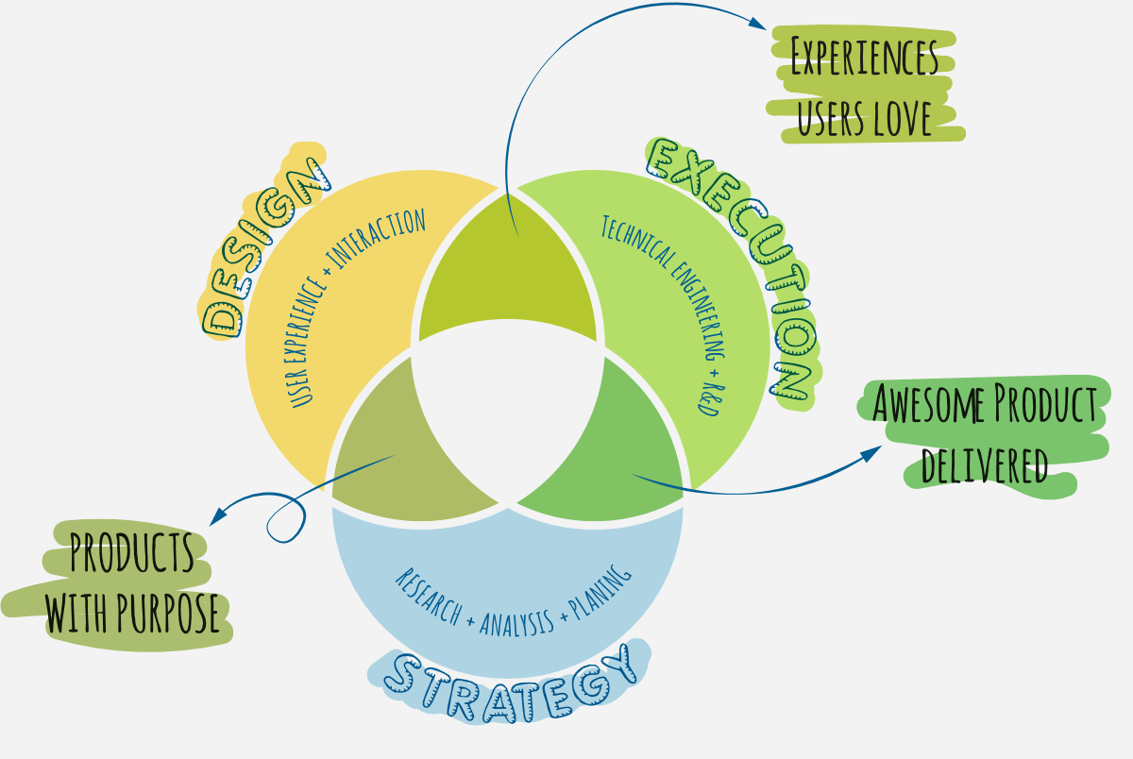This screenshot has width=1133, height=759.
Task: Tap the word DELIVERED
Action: click(985, 464)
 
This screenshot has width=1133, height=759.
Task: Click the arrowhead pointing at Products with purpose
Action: click(218, 516)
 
